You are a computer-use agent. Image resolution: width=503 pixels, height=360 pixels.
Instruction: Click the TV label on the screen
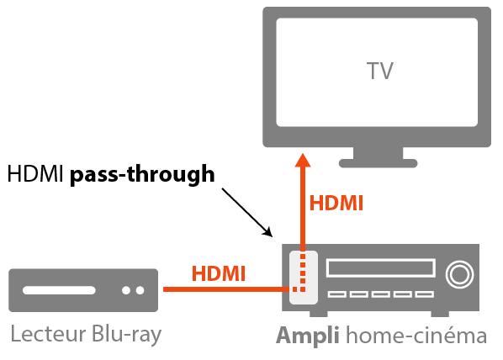click(x=380, y=70)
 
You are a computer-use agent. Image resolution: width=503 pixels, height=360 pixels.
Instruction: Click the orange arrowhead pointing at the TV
click(x=304, y=163)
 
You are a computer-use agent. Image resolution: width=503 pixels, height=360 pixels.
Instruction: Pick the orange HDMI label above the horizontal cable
click(x=219, y=273)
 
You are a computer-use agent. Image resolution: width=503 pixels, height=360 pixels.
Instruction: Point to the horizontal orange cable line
click(x=223, y=289)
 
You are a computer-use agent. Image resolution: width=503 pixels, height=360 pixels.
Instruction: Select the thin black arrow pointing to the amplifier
click(x=247, y=211)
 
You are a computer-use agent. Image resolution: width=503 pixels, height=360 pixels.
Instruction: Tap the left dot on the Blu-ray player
click(x=125, y=290)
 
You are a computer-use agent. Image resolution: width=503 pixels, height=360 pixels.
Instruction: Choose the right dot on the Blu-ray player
click(x=139, y=290)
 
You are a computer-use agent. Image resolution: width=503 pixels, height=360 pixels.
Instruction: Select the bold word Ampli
click(x=308, y=336)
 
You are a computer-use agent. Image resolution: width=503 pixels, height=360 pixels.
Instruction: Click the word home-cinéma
click(x=416, y=336)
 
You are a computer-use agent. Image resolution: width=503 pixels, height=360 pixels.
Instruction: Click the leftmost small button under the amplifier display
click(x=338, y=294)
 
